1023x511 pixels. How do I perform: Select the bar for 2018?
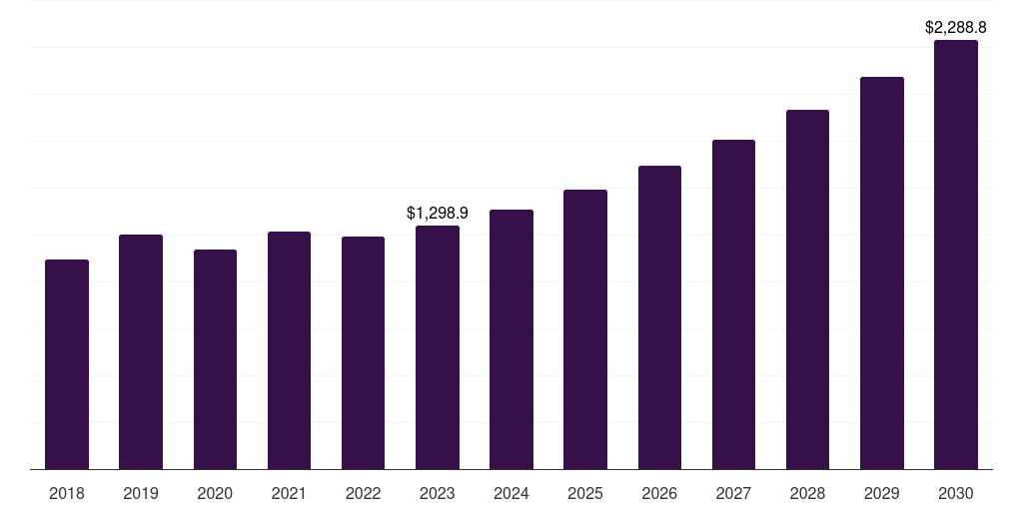[67, 364]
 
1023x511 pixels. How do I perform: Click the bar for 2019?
[141, 351]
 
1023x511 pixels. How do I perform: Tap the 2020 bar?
[215, 359]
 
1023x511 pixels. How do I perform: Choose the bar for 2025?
[585, 329]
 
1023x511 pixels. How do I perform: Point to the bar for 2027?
[733, 304]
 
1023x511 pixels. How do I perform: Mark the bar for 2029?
[882, 272]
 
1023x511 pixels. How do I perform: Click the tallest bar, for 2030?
[956, 255]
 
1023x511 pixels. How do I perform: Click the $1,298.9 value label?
[438, 213]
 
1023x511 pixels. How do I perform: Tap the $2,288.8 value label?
[956, 28]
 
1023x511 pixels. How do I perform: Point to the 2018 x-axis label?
[67, 493]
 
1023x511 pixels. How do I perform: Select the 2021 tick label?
[289, 493]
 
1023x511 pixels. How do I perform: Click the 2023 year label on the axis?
[438, 493]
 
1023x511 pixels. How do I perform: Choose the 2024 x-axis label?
[511, 493]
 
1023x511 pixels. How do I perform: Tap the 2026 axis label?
[659, 493]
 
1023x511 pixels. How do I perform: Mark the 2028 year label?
[807, 493]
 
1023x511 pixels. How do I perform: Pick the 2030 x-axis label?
[956, 493]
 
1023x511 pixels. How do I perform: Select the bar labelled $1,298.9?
[438, 347]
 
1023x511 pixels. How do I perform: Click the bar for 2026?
[659, 317]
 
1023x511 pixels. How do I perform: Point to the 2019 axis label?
[141, 493]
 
